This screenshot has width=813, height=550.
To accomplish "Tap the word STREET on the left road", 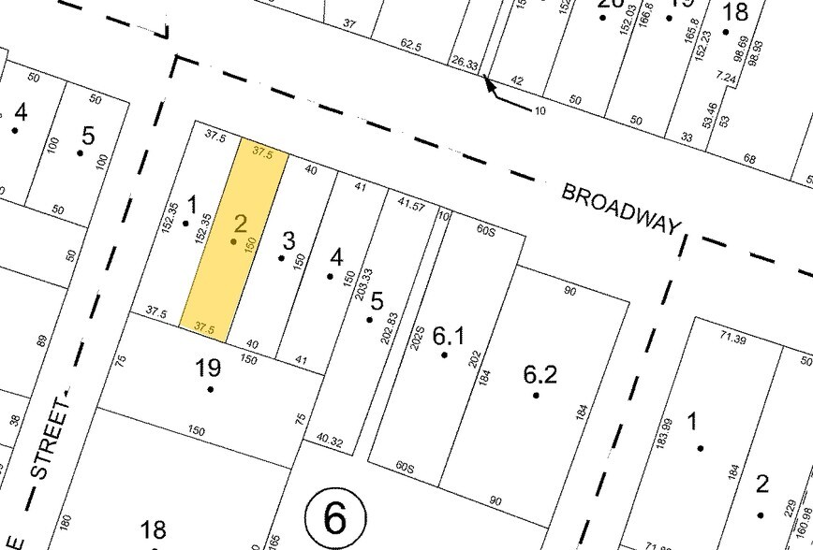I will coord(52,437).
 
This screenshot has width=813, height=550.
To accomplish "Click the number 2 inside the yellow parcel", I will coord(240,223).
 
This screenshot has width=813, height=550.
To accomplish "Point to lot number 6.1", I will coord(449,336).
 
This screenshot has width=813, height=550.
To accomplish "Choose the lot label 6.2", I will coord(540,375).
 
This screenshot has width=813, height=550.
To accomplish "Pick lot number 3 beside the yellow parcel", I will coord(288,239).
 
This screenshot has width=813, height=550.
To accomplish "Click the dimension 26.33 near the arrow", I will coord(465,64).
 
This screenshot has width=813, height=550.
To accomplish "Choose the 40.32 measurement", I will coord(331,437).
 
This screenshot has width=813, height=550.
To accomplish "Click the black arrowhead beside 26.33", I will coord(489,86).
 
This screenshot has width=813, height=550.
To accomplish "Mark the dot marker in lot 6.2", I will coord(536,395).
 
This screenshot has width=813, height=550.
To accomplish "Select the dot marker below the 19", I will coord(211,388).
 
